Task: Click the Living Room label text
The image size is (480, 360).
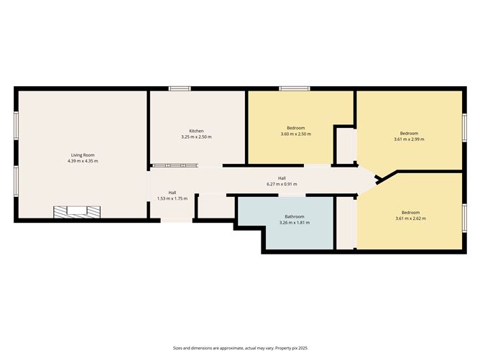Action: [83, 155]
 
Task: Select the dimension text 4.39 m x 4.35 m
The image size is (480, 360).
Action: [83, 161]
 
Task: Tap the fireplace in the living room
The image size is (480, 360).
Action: [76, 212]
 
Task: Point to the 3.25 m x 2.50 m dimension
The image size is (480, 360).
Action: [196, 137]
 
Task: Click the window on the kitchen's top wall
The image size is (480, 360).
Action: [179, 89]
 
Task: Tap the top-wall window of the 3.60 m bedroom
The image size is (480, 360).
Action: [295, 89]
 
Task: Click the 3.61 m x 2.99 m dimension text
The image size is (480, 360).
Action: [409, 139]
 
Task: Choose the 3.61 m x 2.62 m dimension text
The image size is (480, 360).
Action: [410, 218]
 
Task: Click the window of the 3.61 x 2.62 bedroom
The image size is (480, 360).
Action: [463, 216]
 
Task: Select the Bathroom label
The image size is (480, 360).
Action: [294, 216]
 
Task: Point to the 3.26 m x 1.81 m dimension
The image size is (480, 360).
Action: [294, 222]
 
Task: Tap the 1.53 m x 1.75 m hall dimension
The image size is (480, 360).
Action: [172, 198]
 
